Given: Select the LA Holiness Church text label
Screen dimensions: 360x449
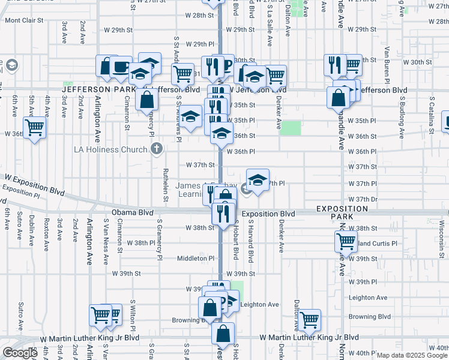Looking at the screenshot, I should [x=111, y=148].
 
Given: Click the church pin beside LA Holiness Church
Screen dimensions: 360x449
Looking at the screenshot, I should [x=157, y=148].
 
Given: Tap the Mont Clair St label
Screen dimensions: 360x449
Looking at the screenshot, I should [x=25, y=20].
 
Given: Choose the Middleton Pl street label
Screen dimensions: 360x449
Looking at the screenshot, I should [x=194, y=258].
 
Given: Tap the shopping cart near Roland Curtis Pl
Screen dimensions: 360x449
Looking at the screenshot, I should [x=346, y=241].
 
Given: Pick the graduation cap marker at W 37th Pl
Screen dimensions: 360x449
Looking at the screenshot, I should [x=258, y=180].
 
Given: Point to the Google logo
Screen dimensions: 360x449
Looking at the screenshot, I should [x=20, y=353].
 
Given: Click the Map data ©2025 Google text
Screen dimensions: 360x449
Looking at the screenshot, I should [x=412, y=355].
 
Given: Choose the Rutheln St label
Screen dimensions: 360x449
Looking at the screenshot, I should [x=164, y=183].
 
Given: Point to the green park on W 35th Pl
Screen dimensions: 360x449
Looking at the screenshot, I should [x=291, y=128].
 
